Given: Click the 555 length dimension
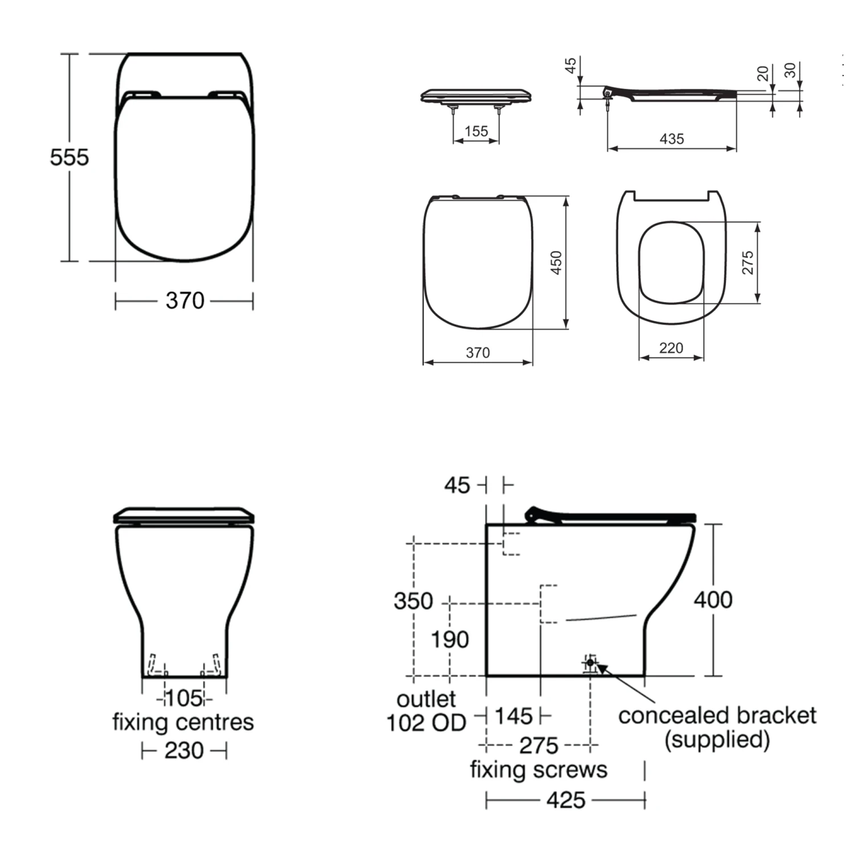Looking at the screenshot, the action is point(69,157).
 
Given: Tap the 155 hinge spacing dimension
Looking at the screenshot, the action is point(476,132).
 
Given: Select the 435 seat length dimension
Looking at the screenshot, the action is point(672,139).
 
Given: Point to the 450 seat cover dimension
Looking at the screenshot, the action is point(556,262).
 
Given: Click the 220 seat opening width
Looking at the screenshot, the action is point(671,348).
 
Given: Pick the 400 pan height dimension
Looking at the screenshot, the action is point(713,600).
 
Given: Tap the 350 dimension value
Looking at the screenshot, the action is point(413,601).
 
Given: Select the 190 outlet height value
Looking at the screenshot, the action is point(450,639).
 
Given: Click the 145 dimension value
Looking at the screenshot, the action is point(514,716).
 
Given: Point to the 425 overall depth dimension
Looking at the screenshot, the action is point(566,800).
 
